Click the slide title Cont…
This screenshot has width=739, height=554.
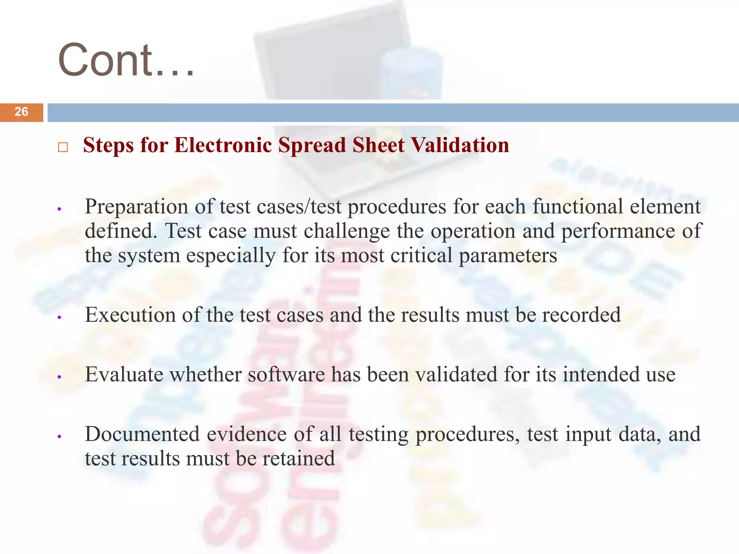126,60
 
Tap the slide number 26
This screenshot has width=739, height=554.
21,112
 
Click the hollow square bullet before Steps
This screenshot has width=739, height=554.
63,147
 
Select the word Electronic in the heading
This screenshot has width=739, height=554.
223,145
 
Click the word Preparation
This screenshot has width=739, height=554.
136,207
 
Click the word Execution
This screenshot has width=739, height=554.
130,315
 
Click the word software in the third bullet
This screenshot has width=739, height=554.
286,374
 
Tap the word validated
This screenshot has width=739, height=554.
456,374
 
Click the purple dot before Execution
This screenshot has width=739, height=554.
60,317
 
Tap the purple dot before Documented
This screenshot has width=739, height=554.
60,436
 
